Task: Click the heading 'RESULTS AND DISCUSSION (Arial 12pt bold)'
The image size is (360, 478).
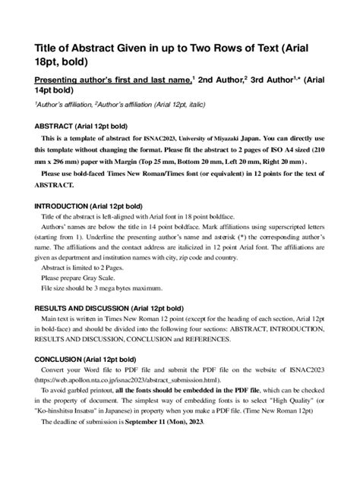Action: point(110,309)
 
